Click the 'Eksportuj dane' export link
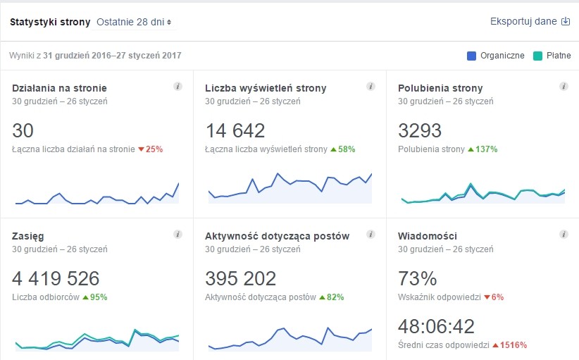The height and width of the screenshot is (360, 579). coord(530,21)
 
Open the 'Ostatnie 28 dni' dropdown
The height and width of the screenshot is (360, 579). coord(135,22)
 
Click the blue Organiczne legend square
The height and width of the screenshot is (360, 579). coord(471,56)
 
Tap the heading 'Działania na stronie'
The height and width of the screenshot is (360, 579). coord(60,88)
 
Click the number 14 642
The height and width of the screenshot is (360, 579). coord(235,130)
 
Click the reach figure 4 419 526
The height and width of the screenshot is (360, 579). coord(56,278)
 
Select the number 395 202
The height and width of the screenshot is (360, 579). coord(240,278)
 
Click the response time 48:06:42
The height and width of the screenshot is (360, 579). coord(436,326)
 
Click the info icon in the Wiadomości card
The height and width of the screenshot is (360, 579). coord(563,234)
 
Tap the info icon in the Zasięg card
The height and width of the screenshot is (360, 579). coord(178,234)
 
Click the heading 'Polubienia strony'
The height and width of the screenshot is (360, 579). coord(440,88)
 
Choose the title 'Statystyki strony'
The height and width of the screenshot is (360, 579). coord(50,22)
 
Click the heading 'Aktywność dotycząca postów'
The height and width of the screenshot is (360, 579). coord(277,236)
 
